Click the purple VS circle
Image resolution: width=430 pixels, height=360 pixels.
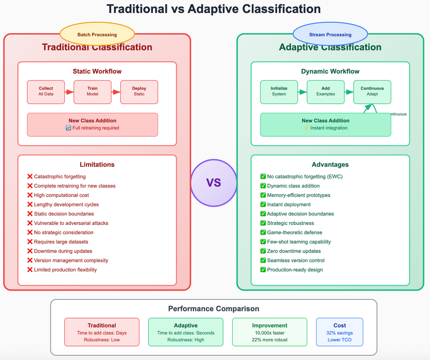coord(213,183)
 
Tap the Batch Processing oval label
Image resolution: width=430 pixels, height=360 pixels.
coord(97,35)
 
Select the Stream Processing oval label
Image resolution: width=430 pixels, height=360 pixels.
coord(330,35)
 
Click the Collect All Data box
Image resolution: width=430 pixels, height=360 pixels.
coord(46,92)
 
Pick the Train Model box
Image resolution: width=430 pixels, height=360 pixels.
coord(92,92)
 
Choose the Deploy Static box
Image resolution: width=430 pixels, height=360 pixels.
coord(139,92)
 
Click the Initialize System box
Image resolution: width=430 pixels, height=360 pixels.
coord(279,92)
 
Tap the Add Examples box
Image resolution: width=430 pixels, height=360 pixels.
coord(325,92)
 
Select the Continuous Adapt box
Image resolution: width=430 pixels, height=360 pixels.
coord(372,92)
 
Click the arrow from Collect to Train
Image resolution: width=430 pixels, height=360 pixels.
coord(69,92)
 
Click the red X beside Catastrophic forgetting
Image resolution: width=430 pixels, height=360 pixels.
coord(30,177)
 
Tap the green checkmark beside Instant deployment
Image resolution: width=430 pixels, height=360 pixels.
coord(263,205)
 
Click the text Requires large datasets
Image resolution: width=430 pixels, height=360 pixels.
coord(61,242)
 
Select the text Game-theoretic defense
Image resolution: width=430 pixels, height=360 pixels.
coord(294,233)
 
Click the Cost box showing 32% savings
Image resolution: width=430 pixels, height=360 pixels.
coord(339,332)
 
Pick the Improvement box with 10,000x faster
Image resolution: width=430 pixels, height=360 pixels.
coord(269,332)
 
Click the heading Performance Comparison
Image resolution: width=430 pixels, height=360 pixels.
coord(213,309)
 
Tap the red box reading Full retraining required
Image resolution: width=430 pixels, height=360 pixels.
coord(92,124)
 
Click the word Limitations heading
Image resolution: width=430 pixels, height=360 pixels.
coord(97,165)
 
